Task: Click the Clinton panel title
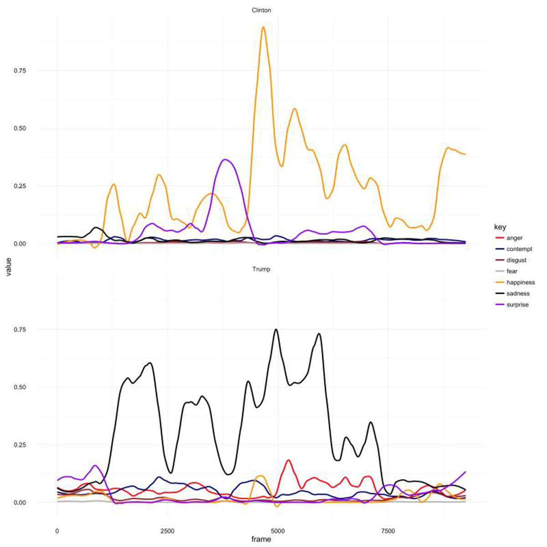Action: pyautogui.click(x=261, y=10)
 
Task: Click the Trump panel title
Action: pyautogui.click(x=261, y=269)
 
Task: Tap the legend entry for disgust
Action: pyautogui.click(x=516, y=260)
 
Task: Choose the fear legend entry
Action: pyautogui.click(x=512, y=271)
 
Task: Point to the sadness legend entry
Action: pyautogui.click(x=518, y=294)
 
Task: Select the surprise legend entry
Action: pyautogui.click(x=517, y=305)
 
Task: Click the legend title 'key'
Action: pyautogui.click(x=500, y=227)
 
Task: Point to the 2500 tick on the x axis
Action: pyautogui.click(x=167, y=531)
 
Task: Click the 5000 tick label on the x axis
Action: pyautogui.click(x=278, y=531)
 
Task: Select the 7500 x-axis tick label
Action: pyautogui.click(x=388, y=531)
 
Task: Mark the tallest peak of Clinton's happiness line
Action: pyautogui.click(x=263, y=27)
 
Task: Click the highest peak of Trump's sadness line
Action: pyautogui.click(x=276, y=329)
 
